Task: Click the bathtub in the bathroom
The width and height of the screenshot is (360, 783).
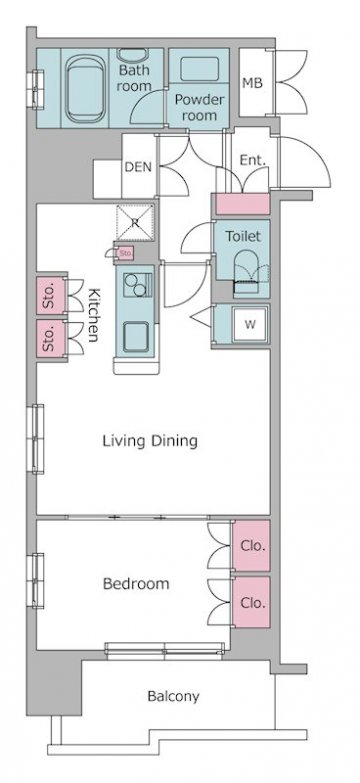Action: [86, 88]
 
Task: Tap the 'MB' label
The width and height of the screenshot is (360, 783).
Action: [253, 83]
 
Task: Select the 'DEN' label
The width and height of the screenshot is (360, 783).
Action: [138, 167]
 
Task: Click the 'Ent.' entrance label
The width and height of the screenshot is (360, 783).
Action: [252, 161]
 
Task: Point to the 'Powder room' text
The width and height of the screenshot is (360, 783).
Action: [199, 107]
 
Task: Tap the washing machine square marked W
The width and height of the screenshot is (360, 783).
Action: [251, 324]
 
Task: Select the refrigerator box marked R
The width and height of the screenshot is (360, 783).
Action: [135, 223]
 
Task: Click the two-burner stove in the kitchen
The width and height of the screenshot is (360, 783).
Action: [138, 285]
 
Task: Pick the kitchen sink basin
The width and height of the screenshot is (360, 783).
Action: [136, 336]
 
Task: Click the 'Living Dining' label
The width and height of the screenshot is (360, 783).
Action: [150, 441]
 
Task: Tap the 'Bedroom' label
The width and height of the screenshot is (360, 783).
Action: [136, 584]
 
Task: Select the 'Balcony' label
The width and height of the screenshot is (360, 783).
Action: [173, 697]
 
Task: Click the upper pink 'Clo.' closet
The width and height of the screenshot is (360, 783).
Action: [251, 546]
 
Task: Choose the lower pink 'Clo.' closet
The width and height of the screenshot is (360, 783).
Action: [251, 602]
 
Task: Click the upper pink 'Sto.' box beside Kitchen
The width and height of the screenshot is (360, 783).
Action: [51, 296]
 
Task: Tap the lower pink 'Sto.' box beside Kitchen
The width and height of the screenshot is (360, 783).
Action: [51, 338]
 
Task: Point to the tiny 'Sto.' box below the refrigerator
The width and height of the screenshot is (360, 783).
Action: [125, 254]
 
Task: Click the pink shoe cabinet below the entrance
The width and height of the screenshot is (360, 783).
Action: [243, 204]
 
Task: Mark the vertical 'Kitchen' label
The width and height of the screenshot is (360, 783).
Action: [94, 315]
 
